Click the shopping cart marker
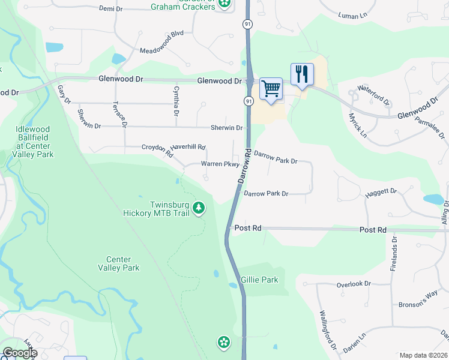tap(271, 89)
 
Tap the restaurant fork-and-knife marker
tap(302, 74)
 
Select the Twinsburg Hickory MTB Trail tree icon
tap(199, 208)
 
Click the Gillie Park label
tap(259, 280)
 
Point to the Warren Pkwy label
tap(220, 164)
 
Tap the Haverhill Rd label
tap(188, 147)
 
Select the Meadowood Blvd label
tap(161, 51)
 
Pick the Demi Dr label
tap(110, 8)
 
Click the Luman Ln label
tap(352, 15)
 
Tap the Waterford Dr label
tap(373, 94)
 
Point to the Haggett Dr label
tap(381, 193)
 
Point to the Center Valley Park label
tap(118, 263)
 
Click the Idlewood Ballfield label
tap(35, 142)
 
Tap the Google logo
tap(19, 353)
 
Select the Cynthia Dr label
tap(176, 101)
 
